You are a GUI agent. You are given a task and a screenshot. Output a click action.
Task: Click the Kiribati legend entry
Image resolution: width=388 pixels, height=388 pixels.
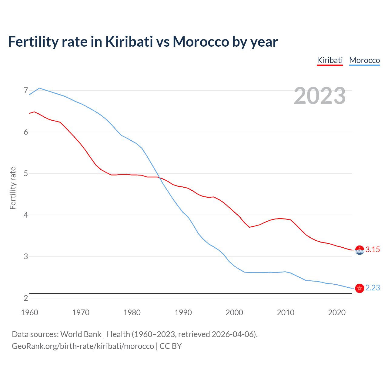330,60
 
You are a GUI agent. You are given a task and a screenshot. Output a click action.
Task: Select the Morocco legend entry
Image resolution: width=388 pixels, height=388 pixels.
364,60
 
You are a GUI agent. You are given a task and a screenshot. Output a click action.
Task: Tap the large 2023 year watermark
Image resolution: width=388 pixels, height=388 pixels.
320,96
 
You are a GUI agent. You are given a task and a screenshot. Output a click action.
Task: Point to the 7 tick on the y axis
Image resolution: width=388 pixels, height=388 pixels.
26,90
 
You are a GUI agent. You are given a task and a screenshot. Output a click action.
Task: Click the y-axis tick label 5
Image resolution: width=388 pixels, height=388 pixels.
26,173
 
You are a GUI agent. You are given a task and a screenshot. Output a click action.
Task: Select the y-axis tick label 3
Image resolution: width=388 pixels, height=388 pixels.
26,256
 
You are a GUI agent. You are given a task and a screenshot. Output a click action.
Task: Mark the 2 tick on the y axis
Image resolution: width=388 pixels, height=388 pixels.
26,298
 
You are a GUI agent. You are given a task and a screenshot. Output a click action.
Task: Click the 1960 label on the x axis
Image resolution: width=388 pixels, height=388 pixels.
29,313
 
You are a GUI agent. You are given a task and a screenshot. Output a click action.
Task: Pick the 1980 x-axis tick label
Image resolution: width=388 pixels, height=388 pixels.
132,313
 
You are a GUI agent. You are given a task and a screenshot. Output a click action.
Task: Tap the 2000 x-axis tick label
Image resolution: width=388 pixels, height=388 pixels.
234,313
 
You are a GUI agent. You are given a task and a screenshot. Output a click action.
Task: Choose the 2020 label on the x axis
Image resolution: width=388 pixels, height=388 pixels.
337,313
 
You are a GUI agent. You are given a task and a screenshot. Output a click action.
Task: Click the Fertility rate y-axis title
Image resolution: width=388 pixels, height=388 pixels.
13,188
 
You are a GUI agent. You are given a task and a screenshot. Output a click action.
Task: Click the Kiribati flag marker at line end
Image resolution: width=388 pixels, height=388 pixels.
360,250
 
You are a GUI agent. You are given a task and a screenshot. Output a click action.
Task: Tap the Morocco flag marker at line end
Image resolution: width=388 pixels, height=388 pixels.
360,288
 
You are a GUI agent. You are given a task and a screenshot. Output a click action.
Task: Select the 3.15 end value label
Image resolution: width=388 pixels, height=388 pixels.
373,250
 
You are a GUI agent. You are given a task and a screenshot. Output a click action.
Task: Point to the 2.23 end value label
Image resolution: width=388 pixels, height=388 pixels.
373,288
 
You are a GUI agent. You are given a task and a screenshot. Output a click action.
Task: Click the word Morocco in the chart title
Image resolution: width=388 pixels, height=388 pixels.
201,42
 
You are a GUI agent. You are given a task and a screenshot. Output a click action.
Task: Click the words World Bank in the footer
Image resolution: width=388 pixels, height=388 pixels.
81,334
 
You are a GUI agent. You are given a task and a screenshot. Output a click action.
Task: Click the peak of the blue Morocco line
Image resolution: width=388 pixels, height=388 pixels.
39,88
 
